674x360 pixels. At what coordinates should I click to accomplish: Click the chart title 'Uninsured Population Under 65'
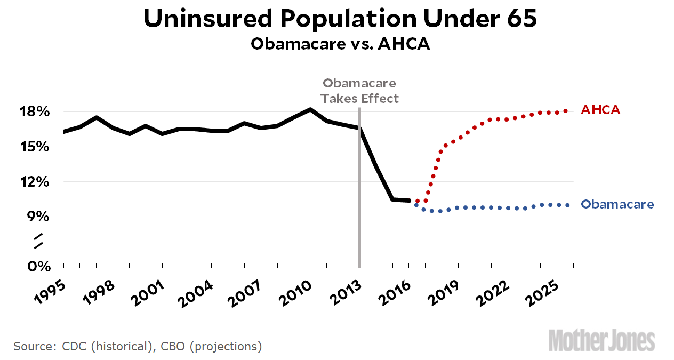click(x=340, y=19)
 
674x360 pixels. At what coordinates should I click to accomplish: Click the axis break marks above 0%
click(x=38, y=241)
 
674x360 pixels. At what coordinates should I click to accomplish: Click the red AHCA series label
click(x=600, y=110)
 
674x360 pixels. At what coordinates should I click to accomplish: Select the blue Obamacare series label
click(x=617, y=204)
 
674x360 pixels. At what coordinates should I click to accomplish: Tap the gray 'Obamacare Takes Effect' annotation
click(x=360, y=91)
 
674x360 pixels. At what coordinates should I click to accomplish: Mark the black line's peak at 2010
click(x=310, y=109)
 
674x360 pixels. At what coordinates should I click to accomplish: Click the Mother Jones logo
click(x=601, y=341)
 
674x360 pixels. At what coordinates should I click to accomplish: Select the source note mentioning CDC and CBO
click(x=138, y=346)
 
